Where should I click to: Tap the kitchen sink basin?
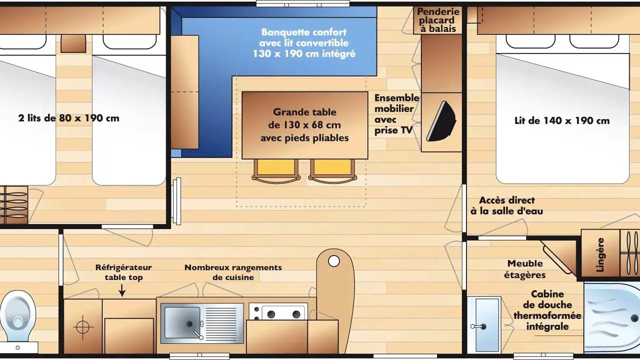(182, 323)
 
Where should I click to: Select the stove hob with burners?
(278, 311)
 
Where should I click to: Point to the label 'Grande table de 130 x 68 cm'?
(304, 118)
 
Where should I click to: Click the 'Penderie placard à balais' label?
(438, 20)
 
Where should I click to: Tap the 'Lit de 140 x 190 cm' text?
(562, 120)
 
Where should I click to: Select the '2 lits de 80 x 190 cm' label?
(68, 118)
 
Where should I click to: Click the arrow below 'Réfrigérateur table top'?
(122, 290)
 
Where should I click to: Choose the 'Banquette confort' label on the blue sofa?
(304, 32)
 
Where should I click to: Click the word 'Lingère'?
(600, 254)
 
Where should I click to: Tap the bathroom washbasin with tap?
(484, 325)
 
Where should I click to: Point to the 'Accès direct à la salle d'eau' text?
(507, 205)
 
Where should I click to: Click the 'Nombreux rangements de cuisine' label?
(233, 272)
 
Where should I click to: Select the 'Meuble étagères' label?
(525, 269)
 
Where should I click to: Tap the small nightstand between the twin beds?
(73, 43)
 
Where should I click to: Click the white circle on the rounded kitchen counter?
(333, 261)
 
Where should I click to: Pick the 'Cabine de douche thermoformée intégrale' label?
(547, 310)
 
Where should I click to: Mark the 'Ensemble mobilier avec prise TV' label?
(396, 114)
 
